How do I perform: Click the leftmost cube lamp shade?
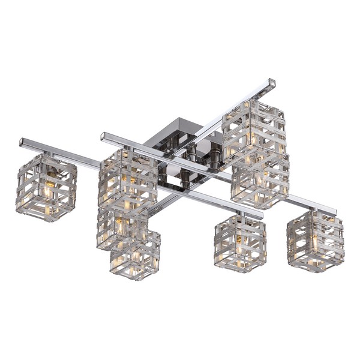click(47, 187)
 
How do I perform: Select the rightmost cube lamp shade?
click(315, 240)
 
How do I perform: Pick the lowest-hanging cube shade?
click(135, 254)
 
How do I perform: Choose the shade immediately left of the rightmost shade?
click(239, 243)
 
